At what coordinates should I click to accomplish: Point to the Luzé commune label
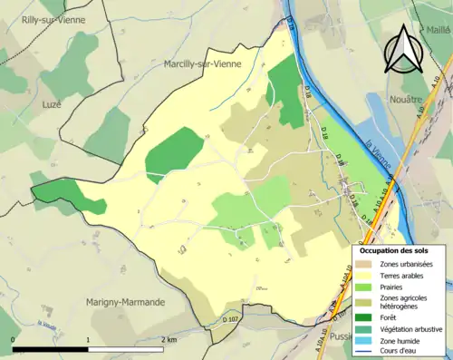pyautogui.click(x=51, y=104)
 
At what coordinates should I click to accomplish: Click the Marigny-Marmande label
pyautogui.click(x=125, y=301)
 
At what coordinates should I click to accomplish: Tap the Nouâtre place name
pyautogui.click(x=404, y=98)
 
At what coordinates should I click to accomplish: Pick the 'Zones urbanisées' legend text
pyautogui.click(x=408, y=264)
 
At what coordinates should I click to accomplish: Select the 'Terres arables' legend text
pyautogui.click(x=404, y=276)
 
